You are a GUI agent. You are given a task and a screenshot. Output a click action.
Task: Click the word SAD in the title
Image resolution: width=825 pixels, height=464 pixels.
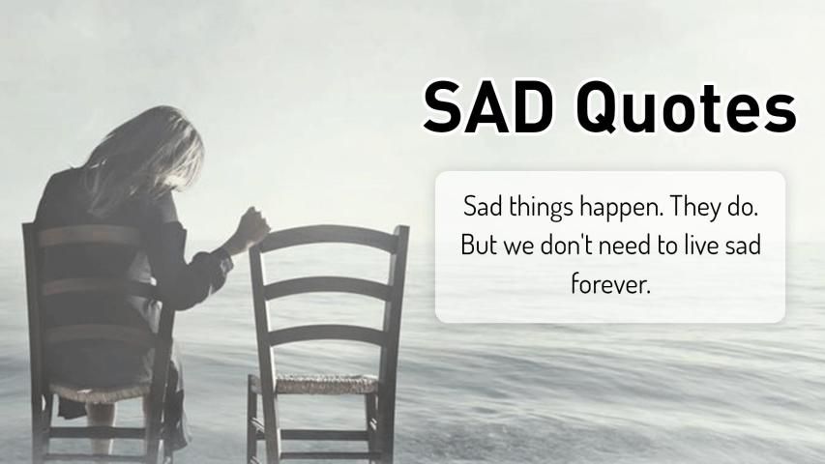tap(487, 107)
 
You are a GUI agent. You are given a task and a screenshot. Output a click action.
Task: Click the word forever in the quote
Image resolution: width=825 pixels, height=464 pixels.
tap(610, 283)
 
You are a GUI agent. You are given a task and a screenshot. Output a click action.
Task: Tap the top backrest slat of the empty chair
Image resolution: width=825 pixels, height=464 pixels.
tap(329, 238)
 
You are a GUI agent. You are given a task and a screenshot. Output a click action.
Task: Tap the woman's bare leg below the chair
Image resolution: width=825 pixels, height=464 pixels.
tap(101, 429)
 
